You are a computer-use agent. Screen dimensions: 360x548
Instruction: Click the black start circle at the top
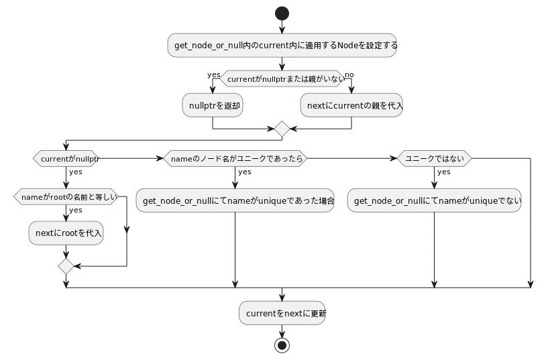pyautogui.click(x=282, y=13)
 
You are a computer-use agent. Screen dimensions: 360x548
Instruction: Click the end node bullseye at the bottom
pyautogui.click(x=282, y=345)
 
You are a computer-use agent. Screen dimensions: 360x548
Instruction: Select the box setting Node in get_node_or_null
pyautogui.click(x=282, y=46)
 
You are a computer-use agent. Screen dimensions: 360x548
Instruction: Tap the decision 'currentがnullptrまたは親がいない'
pyautogui.click(x=282, y=79)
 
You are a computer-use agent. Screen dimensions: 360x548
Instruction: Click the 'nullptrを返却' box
pyautogui.click(x=213, y=105)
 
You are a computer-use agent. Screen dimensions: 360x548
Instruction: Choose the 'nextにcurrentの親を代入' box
pyautogui.click(x=351, y=105)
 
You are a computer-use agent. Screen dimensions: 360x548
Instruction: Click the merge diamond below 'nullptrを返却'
pyautogui.click(x=282, y=129)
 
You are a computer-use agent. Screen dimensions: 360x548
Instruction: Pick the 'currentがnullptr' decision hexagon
pyautogui.click(x=66, y=159)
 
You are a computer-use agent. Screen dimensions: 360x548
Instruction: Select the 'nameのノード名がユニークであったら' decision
pyautogui.click(x=235, y=159)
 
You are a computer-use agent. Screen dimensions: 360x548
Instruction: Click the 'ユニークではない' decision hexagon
pyautogui.click(x=434, y=159)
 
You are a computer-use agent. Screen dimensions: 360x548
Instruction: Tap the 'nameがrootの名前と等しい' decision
pyautogui.click(x=66, y=196)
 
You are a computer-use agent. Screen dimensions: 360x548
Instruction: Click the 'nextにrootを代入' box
pyautogui.click(x=66, y=233)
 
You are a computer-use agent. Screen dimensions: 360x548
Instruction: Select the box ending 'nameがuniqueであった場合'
pyautogui.click(x=235, y=200)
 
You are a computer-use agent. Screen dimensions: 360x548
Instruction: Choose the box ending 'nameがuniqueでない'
pyautogui.click(x=434, y=200)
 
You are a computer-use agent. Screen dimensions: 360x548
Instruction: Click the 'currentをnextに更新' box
pyautogui.click(x=282, y=313)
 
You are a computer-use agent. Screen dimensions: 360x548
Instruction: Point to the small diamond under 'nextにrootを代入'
pyautogui.click(x=66, y=266)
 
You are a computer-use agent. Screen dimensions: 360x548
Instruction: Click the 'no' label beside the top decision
pyautogui.click(x=349, y=74)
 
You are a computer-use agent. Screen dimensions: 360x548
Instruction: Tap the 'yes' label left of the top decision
pyautogui.click(x=214, y=74)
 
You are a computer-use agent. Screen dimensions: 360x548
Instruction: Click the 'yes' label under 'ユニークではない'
pyautogui.click(x=444, y=172)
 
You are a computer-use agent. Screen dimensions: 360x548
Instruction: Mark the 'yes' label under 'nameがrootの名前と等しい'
pyautogui.click(x=76, y=210)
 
